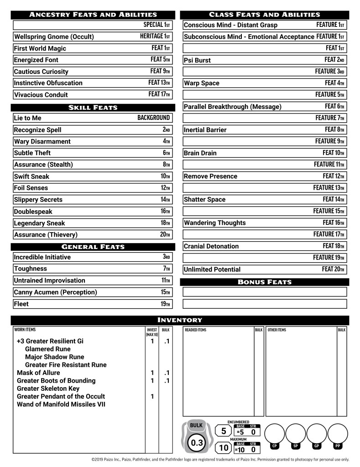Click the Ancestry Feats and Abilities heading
click(x=93, y=15)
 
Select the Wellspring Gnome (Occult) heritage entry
click(x=54, y=36)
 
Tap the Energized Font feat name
click(x=36, y=60)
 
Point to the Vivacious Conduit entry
click(x=41, y=95)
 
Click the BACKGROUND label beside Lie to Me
click(x=153, y=118)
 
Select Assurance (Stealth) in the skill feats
click(x=43, y=165)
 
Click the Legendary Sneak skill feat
click(x=39, y=223)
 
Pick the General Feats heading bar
click(x=93, y=247)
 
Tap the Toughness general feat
click(x=30, y=269)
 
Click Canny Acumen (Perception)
click(x=55, y=292)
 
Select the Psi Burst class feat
click(x=197, y=60)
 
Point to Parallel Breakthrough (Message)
click(x=232, y=107)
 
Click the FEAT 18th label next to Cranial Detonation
click(x=333, y=246)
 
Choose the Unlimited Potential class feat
click(x=212, y=270)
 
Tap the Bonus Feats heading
click(x=265, y=282)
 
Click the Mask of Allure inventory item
click(x=38, y=373)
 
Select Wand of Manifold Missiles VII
click(x=61, y=404)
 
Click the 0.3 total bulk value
click(x=197, y=442)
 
